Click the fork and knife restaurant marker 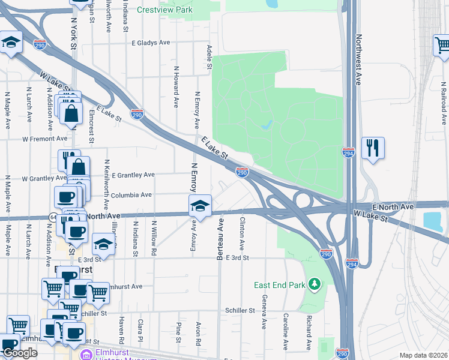click(x=373, y=147)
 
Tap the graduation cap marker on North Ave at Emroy click(x=200, y=206)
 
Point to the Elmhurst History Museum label click(x=128, y=355)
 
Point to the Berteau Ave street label click(x=220, y=239)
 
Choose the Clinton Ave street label click(x=242, y=234)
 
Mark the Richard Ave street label click(x=308, y=333)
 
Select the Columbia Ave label click(x=131, y=195)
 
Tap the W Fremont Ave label click(x=45, y=139)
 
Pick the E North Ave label click(x=393, y=206)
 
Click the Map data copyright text click(x=423, y=355)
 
